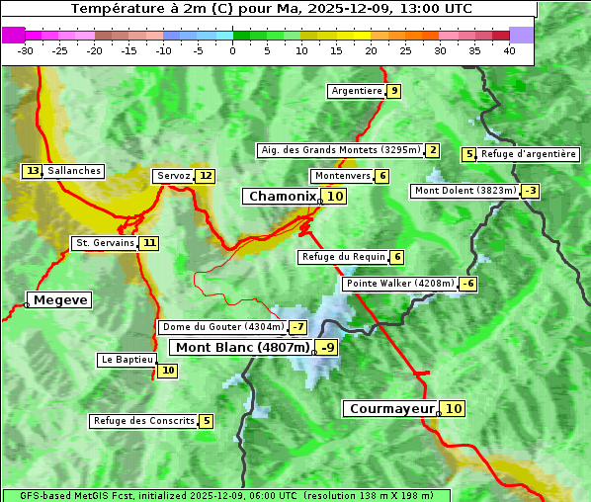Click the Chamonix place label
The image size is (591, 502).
pyautogui.click(x=282, y=197)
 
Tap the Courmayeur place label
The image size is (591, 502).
pyautogui.click(x=392, y=408)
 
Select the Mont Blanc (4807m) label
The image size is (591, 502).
pyautogui.click(x=242, y=347)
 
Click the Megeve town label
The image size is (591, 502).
pyautogui.click(x=60, y=299)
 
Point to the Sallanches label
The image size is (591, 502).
pyautogui.click(x=74, y=171)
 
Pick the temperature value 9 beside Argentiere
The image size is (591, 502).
pyautogui.click(x=394, y=91)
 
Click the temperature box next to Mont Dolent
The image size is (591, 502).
pyautogui.click(x=531, y=191)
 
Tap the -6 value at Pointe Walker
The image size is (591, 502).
pyautogui.click(x=468, y=284)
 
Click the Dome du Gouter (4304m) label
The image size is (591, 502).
pyautogui.click(x=222, y=327)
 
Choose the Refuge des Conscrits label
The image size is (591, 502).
pyautogui.click(x=144, y=421)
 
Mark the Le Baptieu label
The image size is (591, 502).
pyautogui.click(x=127, y=360)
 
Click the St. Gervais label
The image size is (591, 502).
pyautogui.click(x=105, y=242)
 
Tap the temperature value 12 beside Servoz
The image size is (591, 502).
pyautogui.click(x=205, y=176)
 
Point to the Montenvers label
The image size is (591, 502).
pyautogui.click(x=342, y=176)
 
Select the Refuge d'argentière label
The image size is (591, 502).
pyautogui.click(x=529, y=154)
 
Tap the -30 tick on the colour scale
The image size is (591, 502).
pyautogui.click(x=27, y=50)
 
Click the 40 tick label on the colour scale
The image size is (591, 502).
pyautogui.click(x=509, y=50)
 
